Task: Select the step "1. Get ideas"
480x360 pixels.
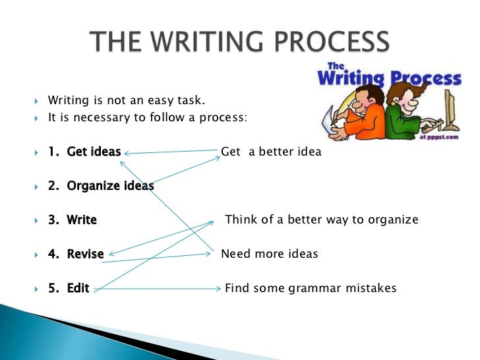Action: coord(84,152)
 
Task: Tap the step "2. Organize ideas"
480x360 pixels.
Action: coord(101,186)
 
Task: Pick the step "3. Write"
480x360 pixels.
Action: coord(73,220)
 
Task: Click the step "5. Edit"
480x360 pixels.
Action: coord(69,288)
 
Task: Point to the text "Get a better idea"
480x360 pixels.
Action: coord(271,152)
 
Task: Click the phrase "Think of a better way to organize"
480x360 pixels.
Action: coord(322,220)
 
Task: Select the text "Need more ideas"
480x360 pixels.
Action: coord(269,254)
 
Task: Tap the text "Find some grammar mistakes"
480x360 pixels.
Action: coord(311,288)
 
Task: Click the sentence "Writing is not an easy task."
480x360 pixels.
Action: coord(127,101)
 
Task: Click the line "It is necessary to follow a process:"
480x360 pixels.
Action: coord(147,118)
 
